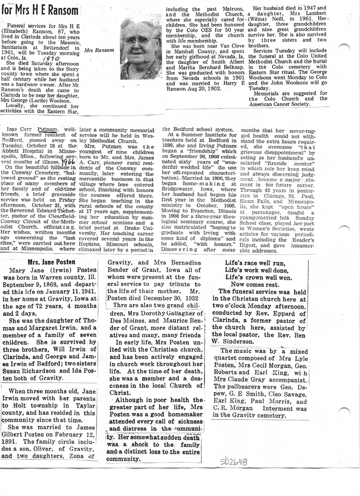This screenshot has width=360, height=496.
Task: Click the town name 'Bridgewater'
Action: (181, 190)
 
